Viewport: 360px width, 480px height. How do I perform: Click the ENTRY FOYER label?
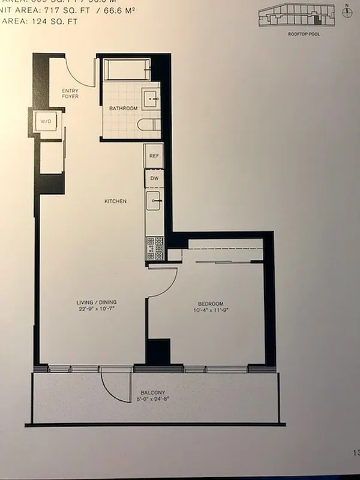tap(70, 93)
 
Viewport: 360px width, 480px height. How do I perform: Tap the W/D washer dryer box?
tap(46, 122)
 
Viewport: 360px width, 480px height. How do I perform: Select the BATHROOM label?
tap(123, 108)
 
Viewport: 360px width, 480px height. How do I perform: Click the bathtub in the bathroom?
tap(127, 69)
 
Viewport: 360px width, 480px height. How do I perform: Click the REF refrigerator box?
tap(153, 155)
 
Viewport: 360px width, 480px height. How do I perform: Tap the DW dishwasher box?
tap(154, 178)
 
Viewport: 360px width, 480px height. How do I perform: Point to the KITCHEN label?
tap(115, 201)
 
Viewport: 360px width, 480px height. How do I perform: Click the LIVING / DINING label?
tap(96, 302)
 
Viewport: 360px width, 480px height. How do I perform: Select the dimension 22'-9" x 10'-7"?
tap(96, 310)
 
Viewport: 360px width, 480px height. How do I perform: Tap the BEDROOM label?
tap(211, 303)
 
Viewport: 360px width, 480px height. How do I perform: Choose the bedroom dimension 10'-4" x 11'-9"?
tap(211, 310)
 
